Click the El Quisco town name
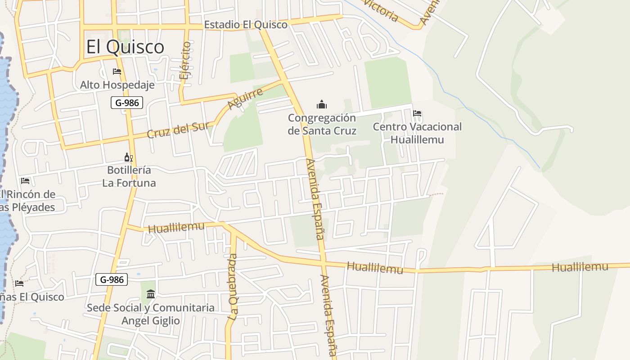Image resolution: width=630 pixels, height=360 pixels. tap(125, 47)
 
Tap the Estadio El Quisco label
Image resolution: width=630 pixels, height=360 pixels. tap(245, 25)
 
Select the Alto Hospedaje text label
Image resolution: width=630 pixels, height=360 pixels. tap(117, 85)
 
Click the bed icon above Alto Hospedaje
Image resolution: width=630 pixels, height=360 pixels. tap(117, 72)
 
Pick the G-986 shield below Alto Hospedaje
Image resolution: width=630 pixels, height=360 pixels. tap(127, 103)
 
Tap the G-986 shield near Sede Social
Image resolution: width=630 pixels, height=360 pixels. tap(112, 279)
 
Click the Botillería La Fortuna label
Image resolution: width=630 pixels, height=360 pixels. tap(129, 176)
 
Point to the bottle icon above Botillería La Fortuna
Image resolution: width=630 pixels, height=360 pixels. tap(128, 157)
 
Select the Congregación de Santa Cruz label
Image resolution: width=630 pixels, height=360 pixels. tap(322, 124)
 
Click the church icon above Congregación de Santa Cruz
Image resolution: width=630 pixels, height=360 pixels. tap(322, 105)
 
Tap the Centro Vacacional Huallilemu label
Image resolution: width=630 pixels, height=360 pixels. tap(417, 133)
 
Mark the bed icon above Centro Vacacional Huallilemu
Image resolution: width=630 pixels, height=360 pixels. tap(417, 113)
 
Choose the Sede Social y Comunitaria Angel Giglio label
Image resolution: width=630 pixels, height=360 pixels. tap(150, 314)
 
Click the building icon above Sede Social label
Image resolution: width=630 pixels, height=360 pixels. tap(151, 294)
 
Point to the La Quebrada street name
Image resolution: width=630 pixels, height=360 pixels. tap(232, 287)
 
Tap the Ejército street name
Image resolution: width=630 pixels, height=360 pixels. tap(184, 61)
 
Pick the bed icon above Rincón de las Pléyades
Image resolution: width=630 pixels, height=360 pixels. tap(25, 181)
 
